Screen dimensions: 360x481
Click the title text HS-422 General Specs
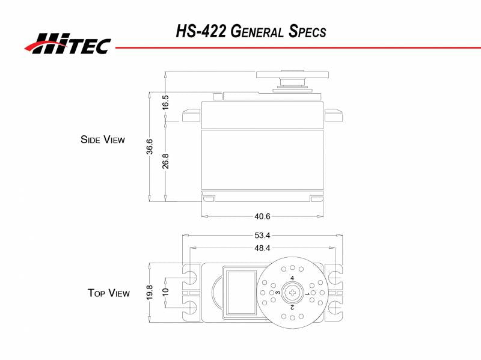(x=251, y=31)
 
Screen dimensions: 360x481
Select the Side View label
(x=103, y=139)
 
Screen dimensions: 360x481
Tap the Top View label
(x=108, y=293)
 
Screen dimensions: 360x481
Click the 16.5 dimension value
(x=165, y=102)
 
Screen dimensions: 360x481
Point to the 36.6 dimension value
(x=149, y=147)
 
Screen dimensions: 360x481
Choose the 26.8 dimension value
(x=165, y=160)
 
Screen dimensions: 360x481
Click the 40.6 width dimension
(x=263, y=216)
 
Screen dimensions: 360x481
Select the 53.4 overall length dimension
(x=262, y=234)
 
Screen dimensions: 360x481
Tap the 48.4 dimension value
(x=262, y=248)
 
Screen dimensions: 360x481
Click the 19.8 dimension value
(x=149, y=293)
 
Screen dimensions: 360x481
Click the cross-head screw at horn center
(x=292, y=293)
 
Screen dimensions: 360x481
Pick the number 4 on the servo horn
(x=292, y=278)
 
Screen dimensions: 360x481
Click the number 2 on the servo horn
(x=292, y=307)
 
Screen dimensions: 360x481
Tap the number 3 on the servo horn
(x=278, y=293)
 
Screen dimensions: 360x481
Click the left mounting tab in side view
(x=191, y=114)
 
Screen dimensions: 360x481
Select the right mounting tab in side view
(x=333, y=114)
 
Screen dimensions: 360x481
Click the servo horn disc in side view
(x=292, y=75)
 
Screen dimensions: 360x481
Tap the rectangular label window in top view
(x=240, y=292)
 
